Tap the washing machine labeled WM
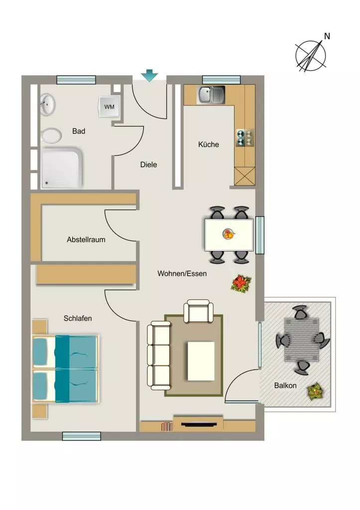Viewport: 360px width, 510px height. [109, 107]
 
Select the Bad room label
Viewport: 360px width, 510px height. [79, 131]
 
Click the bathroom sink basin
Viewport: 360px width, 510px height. [47, 105]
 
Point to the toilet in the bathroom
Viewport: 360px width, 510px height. [51, 135]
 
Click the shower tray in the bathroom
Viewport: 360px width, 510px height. [61, 168]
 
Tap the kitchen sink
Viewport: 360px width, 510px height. [211, 94]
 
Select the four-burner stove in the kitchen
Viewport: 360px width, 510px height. [245, 137]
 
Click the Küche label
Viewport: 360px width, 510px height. [209, 144]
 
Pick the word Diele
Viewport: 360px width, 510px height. [148, 164]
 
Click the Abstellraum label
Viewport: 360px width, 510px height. [86, 240]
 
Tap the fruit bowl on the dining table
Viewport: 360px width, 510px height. [228, 234]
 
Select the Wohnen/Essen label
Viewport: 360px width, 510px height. [182, 273]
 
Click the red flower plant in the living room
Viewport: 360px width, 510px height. [241, 284]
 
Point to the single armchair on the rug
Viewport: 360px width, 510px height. [198, 311]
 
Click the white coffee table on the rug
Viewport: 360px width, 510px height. [201, 361]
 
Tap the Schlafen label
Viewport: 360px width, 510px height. [78, 318]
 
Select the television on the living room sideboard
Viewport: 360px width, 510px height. [199, 424]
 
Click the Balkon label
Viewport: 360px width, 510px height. [285, 385]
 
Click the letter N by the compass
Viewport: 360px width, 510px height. [327, 36]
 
